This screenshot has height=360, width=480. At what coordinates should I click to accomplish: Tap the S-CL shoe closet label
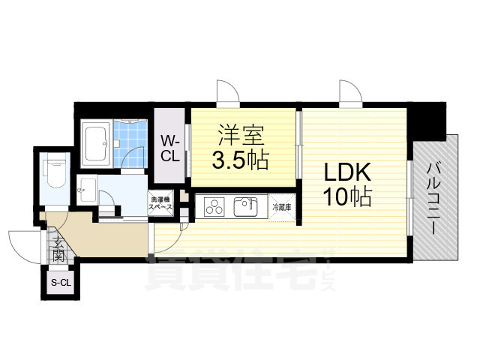[59, 283]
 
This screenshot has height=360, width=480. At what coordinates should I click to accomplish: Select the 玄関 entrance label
[58, 247]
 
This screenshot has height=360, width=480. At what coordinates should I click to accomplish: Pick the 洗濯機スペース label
[161, 204]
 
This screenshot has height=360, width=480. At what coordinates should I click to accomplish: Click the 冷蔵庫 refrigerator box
[281, 205]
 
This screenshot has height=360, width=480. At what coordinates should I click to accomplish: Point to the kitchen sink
[244, 205]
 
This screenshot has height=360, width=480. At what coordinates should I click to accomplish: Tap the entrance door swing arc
[24, 244]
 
